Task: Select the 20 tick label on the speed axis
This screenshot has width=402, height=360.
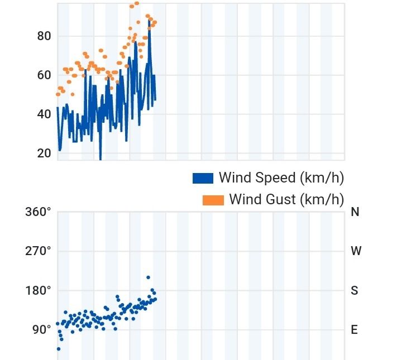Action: pyautogui.click(x=44, y=153)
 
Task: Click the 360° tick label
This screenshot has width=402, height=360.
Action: pyautogui.click(x=38, y=212)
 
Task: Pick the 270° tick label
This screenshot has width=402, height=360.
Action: pyautogui.click(x=38, y=251)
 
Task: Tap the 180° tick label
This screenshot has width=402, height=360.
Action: pyautogui.click(x=38, y=290)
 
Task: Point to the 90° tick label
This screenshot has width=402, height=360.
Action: pyautogui.click(x=41, y=329)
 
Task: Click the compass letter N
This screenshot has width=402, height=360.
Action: pyautogui.click(x=355, y=212)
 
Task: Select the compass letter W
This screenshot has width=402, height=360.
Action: pyautogui.click(x=356, y=251)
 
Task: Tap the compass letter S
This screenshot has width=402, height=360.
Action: pyautogui.click(x=355, y=290)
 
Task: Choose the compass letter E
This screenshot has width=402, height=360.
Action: pyautogui.click(x=354, y=329)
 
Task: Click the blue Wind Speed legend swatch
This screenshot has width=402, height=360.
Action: pyautogui.click(x=203, y=178)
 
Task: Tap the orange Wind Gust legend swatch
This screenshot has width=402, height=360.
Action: pyautogui.click(x=213, y=199)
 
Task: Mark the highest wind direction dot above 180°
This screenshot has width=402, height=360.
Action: pyautogui.click(x=148, y=277)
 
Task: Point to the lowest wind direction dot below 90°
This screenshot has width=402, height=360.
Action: pyautogui.click(x=58, y=349)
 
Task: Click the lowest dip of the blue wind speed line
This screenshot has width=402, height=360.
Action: pyautogui.click(x=100, y=159)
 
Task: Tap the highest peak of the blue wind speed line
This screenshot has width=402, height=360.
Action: pyautogui.click(x=149, y=25)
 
